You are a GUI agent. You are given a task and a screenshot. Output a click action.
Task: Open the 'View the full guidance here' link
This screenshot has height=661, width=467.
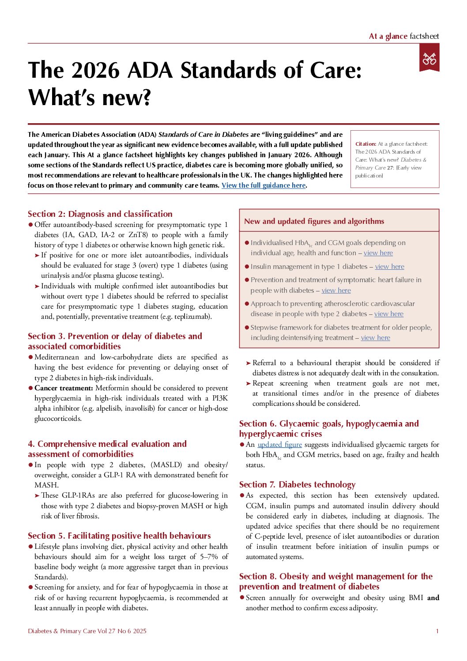pos(264,185)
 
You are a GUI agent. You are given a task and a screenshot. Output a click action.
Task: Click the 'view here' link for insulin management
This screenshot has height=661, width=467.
pos(389,267)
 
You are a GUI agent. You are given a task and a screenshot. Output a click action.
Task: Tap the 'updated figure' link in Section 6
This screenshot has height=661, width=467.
pos(279,445)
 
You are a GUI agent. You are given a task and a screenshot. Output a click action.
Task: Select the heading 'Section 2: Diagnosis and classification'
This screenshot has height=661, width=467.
pos(100,214)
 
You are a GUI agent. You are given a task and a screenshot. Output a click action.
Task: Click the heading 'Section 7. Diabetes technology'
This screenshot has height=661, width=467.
pos(297,485)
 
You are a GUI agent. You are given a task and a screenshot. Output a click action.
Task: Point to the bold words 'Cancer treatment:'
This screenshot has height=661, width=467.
pos(64,388)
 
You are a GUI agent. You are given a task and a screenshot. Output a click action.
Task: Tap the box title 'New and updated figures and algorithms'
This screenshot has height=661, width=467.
pos(314,222)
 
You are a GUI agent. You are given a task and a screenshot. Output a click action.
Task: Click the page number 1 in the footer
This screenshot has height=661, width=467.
pos(437,631)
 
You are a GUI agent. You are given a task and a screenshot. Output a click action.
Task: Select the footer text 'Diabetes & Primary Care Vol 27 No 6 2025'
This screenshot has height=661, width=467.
pos(87,631)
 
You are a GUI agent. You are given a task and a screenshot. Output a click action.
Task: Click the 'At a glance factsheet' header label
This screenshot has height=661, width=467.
pos(403,36)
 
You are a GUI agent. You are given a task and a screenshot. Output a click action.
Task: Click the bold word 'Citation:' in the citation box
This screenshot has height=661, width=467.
pos(365,144)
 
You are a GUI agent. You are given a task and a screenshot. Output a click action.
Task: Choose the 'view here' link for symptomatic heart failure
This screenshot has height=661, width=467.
pos(336,291)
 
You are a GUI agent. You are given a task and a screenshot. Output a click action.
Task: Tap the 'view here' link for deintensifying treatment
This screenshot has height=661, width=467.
pos(375,338)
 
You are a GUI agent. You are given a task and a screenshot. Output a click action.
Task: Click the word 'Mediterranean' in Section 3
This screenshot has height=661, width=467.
pos(56,357)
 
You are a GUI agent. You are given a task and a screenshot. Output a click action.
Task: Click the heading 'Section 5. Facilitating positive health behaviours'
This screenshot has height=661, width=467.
pos(119,536)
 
